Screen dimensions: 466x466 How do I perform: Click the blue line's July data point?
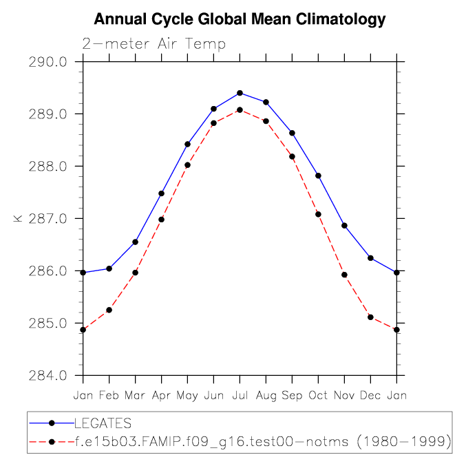click(x=240, y=93)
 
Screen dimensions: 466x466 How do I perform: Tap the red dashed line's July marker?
click(x=240, y=110)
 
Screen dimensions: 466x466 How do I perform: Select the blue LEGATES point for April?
click(x=161, y=193)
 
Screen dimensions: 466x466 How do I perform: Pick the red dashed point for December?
click(x=370, y=317)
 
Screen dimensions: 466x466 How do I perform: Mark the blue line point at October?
click(x=318, y=176)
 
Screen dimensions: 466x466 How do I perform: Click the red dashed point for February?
click(x=109, y=310)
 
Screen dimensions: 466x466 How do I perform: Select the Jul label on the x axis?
click(x=240, y=396)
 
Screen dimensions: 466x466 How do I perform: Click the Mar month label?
click(x=135, y=396)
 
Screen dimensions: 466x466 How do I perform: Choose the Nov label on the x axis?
click(x=344, y=396)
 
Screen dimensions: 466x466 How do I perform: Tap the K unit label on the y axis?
click(x=18, y=219)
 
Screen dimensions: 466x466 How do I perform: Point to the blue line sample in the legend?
click(x=52, y=423)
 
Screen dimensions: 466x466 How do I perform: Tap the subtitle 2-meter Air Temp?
click(x=153, y=44)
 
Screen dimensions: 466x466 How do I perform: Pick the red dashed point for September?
click(x=292, y=156)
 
